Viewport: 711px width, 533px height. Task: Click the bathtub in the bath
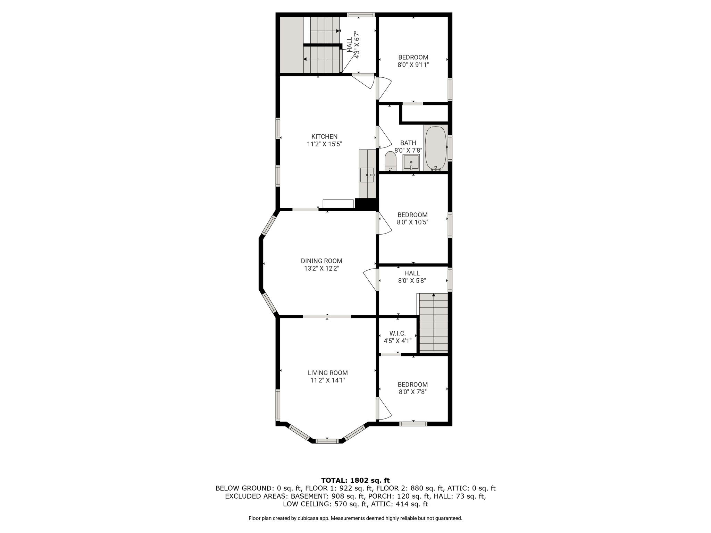point(436,148)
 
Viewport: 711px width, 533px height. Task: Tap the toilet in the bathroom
point(391,161)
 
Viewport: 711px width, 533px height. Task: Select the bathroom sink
point(411,162)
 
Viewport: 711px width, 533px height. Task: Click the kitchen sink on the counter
point(367,175)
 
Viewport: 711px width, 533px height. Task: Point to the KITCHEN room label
point(324,137)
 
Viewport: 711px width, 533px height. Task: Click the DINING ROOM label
point(321,261)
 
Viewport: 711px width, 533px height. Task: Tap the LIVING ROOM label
point(328,373)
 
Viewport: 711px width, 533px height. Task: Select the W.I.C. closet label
point(398,333)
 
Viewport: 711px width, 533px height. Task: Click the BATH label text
point(408,143)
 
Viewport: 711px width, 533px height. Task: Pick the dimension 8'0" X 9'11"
point(413,65)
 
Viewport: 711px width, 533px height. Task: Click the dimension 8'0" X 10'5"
point(413,222)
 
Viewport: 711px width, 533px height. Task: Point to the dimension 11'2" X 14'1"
point(328,380)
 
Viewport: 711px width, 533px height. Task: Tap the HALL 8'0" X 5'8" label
point(412,277)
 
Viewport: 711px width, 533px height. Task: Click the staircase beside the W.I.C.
point(434,323)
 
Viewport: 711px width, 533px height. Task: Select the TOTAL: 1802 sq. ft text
point(355,481)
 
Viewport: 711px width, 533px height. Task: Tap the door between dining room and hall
point(371,280)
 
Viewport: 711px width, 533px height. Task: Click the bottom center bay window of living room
point(327,441)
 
